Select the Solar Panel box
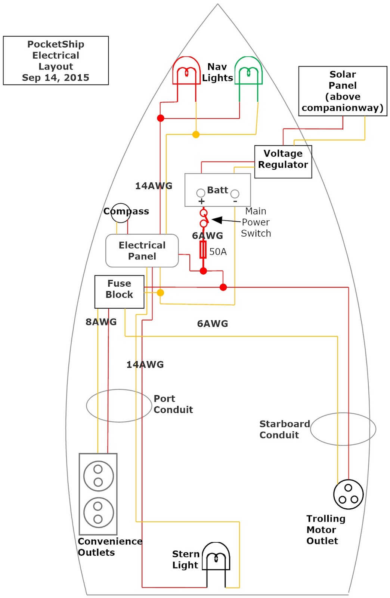coord(343,91)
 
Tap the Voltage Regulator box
coord(283,161)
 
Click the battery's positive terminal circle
coord(201,193)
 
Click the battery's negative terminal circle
coord(235,194)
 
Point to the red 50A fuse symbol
coord(203,250)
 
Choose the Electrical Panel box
coord(142,250)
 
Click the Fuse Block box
coord(119,292)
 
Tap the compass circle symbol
coord(121,213)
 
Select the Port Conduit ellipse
coord(119,406)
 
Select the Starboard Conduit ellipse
coord(343,429)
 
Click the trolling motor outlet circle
coord(348,494)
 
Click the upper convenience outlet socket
coord(98,476)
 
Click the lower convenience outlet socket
coord(98,512)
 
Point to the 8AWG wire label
coord(101,322)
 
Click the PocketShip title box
coord(56,61)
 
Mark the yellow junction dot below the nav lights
coord(196,135)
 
